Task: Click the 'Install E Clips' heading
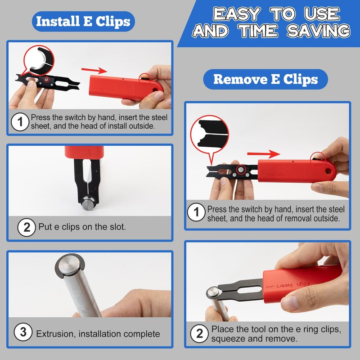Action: point(83,21)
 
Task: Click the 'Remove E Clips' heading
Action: point(265,79)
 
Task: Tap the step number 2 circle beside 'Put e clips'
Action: point(27,227)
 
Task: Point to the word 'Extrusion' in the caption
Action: point(54,334)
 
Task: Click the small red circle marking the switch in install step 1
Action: point(144,77)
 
